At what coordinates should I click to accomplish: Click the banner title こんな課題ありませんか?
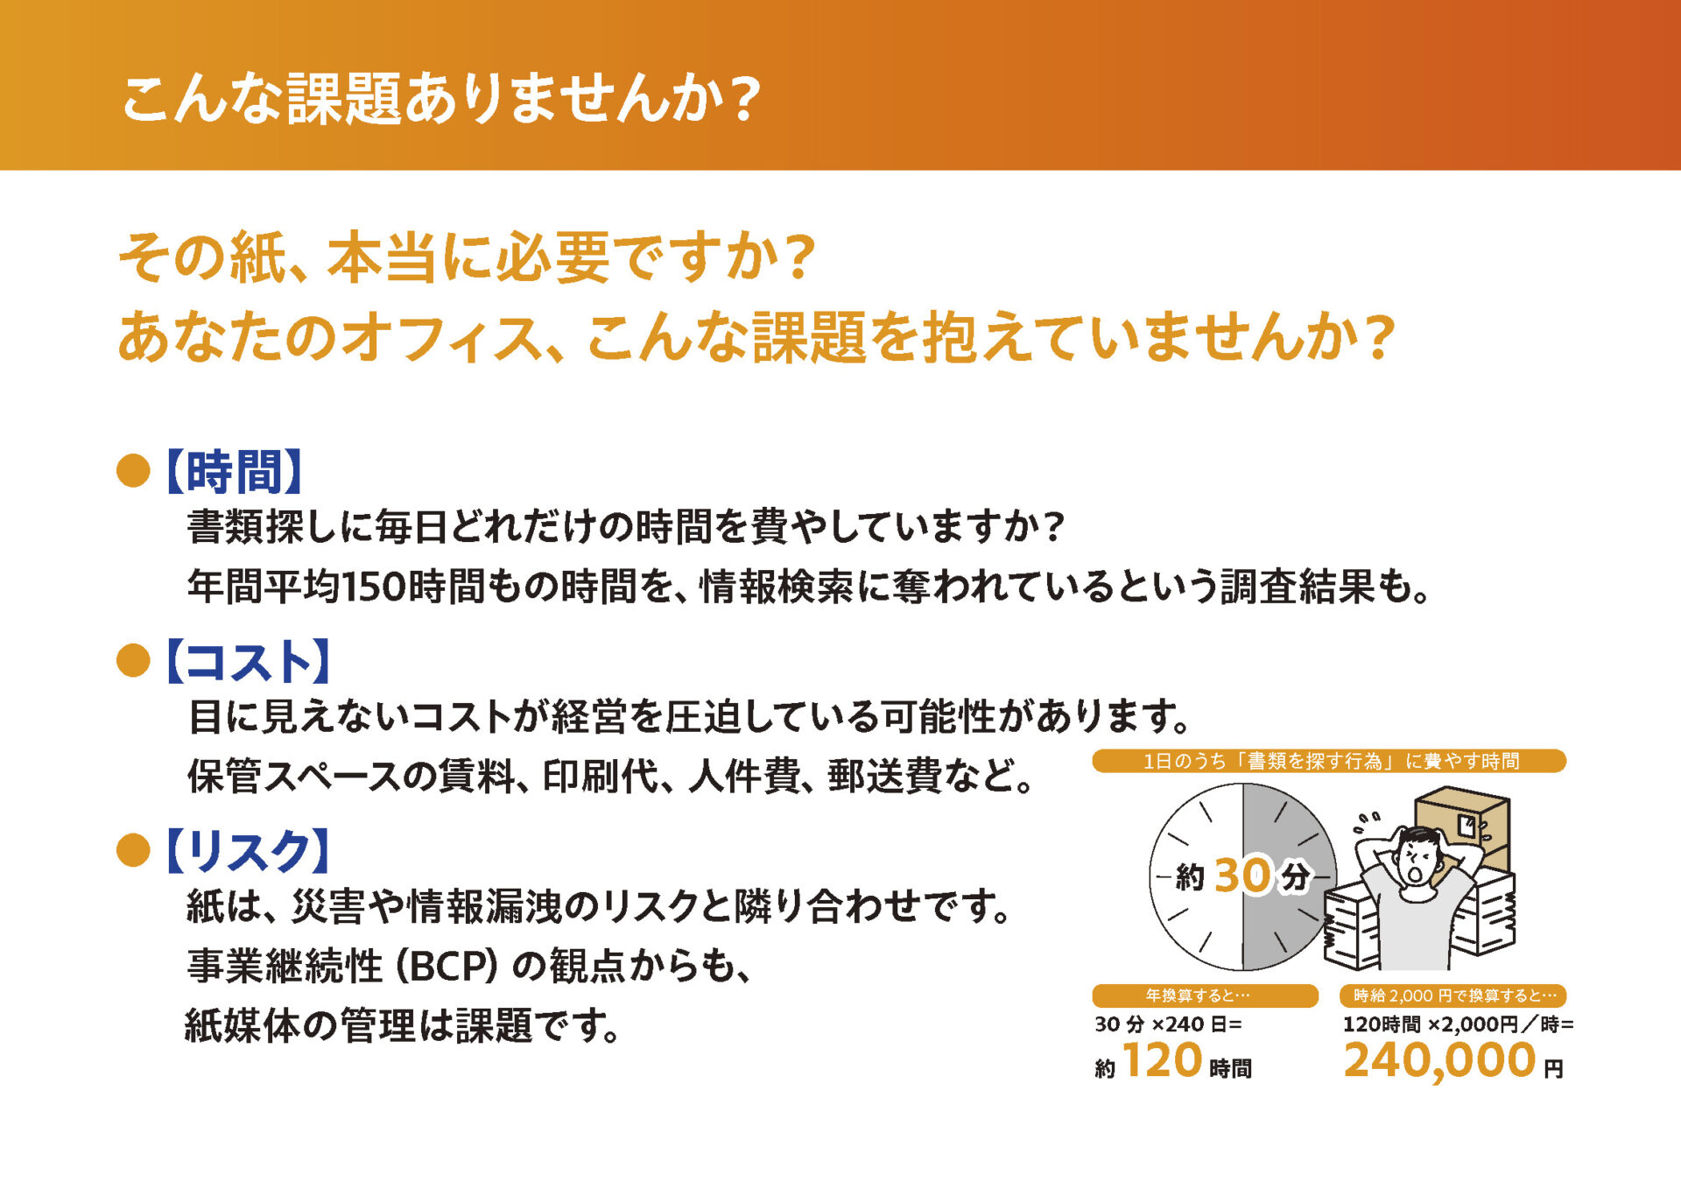pos(440,97)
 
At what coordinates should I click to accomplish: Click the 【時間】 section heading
pos(234,472)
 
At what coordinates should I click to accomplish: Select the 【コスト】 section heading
pos(249,661)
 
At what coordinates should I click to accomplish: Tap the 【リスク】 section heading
pos(249,851)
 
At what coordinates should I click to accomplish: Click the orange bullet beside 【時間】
pos(133,471)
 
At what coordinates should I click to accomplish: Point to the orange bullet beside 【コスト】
pos(133,660)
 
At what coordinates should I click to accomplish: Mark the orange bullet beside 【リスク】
pos(133,850)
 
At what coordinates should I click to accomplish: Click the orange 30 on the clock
pos(1242,875)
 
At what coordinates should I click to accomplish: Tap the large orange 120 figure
pos(1163,1061)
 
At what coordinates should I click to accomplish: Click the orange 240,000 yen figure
pos(1439,1061)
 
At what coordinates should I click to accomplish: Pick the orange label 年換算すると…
pos(1205,996)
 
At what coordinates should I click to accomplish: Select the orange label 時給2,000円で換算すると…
pos(1453,996)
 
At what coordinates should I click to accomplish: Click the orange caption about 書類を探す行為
pos(1328,761)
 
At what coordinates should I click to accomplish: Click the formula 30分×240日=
pos(1168,1024)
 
